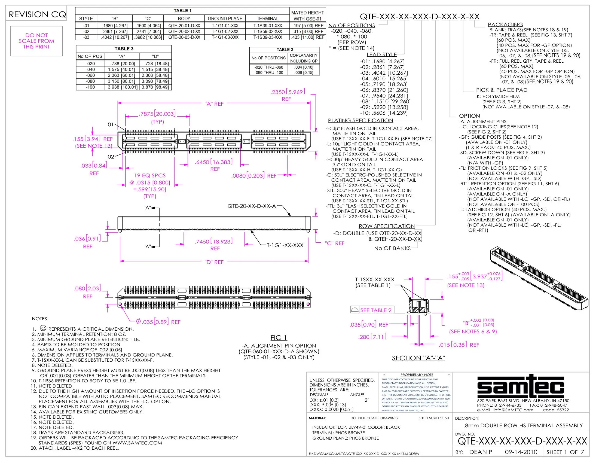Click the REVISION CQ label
[x=37, y=14]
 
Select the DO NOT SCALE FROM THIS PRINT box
[x=36, y=41]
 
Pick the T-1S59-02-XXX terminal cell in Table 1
[x=267, y=32]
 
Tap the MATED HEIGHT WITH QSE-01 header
[x=307, y=16]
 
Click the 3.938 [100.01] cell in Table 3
[x=122, y=87]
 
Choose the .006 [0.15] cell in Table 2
[x=304, y=73]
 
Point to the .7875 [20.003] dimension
[x=157, y=114]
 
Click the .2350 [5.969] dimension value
[x=288, y=92]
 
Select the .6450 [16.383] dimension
[x=214, y=162]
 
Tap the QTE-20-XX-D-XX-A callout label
[x=252, y=206]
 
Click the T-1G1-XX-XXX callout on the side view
[x=285, y=245]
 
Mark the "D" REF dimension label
[x=214, y=262]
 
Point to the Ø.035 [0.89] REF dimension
[x=158, y=322]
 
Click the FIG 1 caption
[x=279, y=338]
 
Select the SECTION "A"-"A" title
[x=418, y=358]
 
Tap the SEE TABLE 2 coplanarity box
[x=372, y=310]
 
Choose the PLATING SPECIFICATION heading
[x=360, y=120]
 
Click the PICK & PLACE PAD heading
[x=502, y=90]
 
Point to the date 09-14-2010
[x=521, y=452]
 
